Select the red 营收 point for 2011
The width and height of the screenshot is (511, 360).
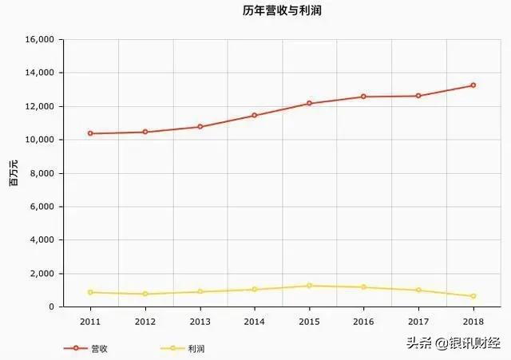(x=90, y=133)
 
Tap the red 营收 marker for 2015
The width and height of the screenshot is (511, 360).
(x=309, y=104)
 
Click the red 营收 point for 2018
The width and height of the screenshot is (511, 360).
(x=473, y=85)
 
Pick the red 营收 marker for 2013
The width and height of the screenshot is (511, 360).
(x=200, y=127)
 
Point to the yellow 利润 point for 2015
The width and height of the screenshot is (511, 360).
(x=309, y=286)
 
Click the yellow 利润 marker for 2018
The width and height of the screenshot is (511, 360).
(x=473, y=296)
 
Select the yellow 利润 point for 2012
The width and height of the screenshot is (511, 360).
(x=145, y=294)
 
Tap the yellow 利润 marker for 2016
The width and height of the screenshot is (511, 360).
(x=363, y=287)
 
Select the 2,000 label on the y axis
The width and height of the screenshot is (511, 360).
(x=42, y=274)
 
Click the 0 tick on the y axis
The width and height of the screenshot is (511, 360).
(x=51, y=307)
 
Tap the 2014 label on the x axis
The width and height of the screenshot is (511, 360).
(x=254, y=321)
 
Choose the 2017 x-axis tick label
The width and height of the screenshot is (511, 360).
(x=418, y=321)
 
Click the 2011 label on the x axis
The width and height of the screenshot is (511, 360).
(x=90, y=321)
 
